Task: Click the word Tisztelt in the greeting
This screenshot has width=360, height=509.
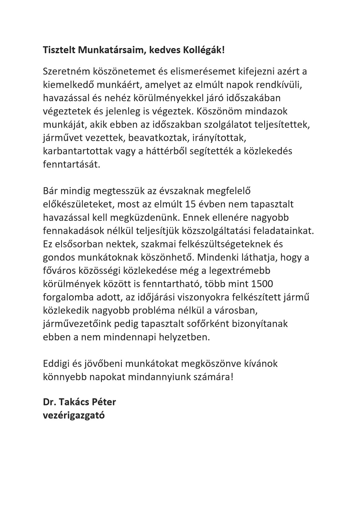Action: pyautogui.click(x=59, y=50)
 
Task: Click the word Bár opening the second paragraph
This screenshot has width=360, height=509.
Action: pyautogui.click(x=50, y=191)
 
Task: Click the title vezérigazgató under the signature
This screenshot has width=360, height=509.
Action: pyautogui.click(x=74, y=415)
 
